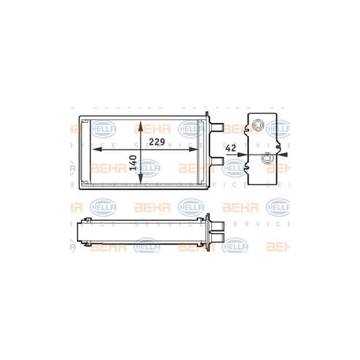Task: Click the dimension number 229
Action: (157, 141)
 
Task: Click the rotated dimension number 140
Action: (133, 163)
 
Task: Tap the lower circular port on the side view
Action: (268, 159)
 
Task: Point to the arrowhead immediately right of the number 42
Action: (244, 153)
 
